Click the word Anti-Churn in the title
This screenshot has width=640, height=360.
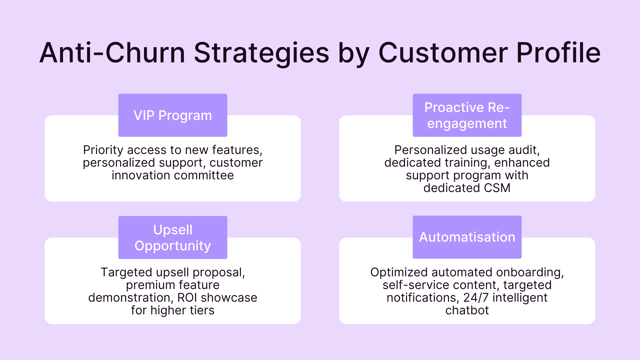click(112, 53)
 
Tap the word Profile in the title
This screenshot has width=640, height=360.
click(558, 53)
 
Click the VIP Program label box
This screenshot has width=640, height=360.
click(173, 115)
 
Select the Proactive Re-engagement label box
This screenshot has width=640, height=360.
click(467, 115)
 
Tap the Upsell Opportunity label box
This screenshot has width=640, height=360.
click(173, 237)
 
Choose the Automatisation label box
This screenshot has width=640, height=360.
click(467, 237)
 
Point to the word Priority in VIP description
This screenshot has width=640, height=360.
click(103, 150)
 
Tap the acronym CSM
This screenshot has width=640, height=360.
click(497, 188)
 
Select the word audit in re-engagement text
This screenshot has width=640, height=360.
click(525, 150)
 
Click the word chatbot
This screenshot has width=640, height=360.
click(467, 310)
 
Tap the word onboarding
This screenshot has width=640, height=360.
click(530, 273)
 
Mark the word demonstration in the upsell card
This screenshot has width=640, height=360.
click(131, 298)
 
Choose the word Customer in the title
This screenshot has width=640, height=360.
click(443, 53)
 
